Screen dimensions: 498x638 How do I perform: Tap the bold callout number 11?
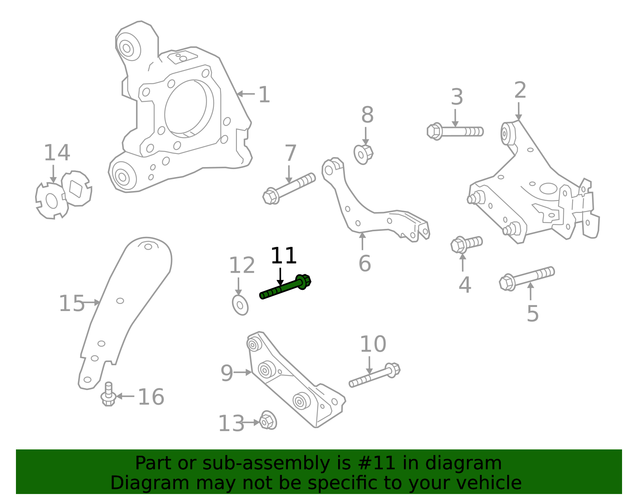(284, 256)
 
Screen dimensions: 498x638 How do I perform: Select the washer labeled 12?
(240, 305)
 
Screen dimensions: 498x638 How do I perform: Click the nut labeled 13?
(268, 421)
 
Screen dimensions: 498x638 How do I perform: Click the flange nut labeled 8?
(363, 154)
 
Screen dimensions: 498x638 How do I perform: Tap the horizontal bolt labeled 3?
(455, 131)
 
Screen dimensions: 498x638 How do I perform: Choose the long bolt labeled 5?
(526, 278)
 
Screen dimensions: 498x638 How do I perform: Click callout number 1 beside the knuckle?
(264, 95)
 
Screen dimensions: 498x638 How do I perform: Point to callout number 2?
(520, 91)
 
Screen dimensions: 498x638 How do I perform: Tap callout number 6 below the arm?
(364, 264)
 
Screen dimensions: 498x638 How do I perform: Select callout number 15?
(72, 304)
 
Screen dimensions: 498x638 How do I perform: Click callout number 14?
(57, 153)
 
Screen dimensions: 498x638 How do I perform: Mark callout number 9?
(226, 374)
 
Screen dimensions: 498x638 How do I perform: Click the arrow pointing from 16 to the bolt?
(125, 396)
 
